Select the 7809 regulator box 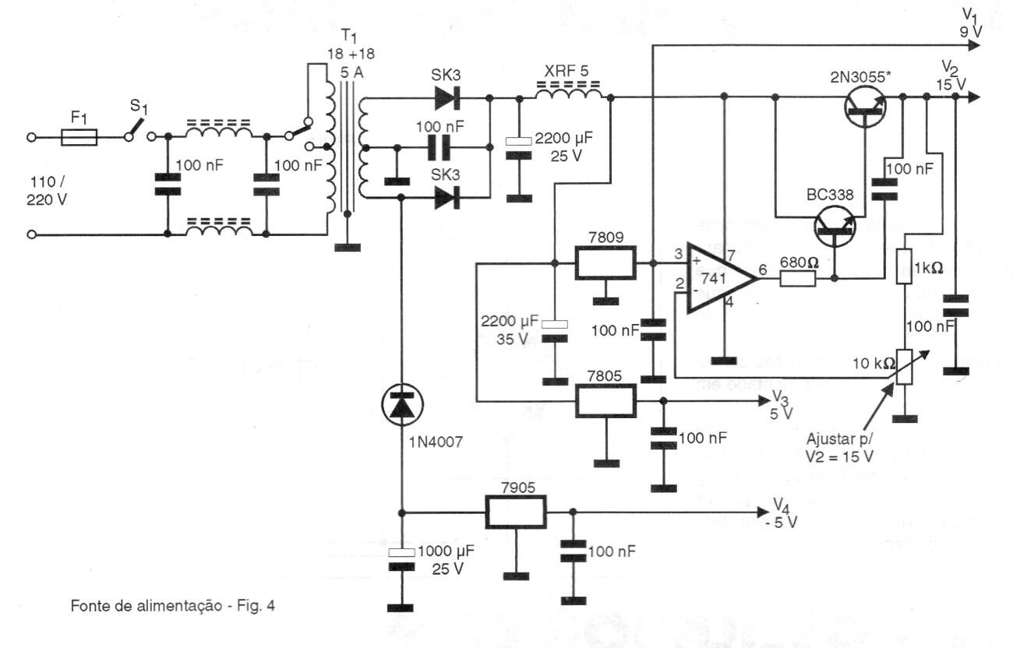click(x=605, y=262)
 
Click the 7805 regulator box click(x=605, y=400)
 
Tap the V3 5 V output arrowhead click(x=764, y=400)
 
